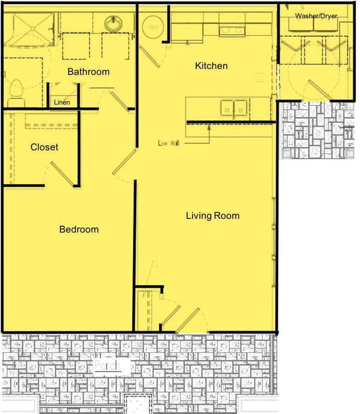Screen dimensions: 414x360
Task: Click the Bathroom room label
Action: click(88, 72)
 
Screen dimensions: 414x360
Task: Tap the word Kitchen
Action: click(211, 65)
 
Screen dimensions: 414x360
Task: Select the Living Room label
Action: click(212, 215)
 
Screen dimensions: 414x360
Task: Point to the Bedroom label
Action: click(79, 229)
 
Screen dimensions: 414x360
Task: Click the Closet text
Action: click(44, 147)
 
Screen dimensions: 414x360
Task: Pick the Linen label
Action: click(62, 103)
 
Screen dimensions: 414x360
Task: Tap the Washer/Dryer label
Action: click(316, 16)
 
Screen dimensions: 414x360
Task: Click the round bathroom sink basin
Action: click(113, 24)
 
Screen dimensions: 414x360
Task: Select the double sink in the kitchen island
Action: click(234, 107)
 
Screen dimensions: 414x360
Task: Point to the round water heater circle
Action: click(153, 27)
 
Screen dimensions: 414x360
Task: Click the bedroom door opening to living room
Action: click(124, 163)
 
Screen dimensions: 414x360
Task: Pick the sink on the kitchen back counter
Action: click(231, 29)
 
